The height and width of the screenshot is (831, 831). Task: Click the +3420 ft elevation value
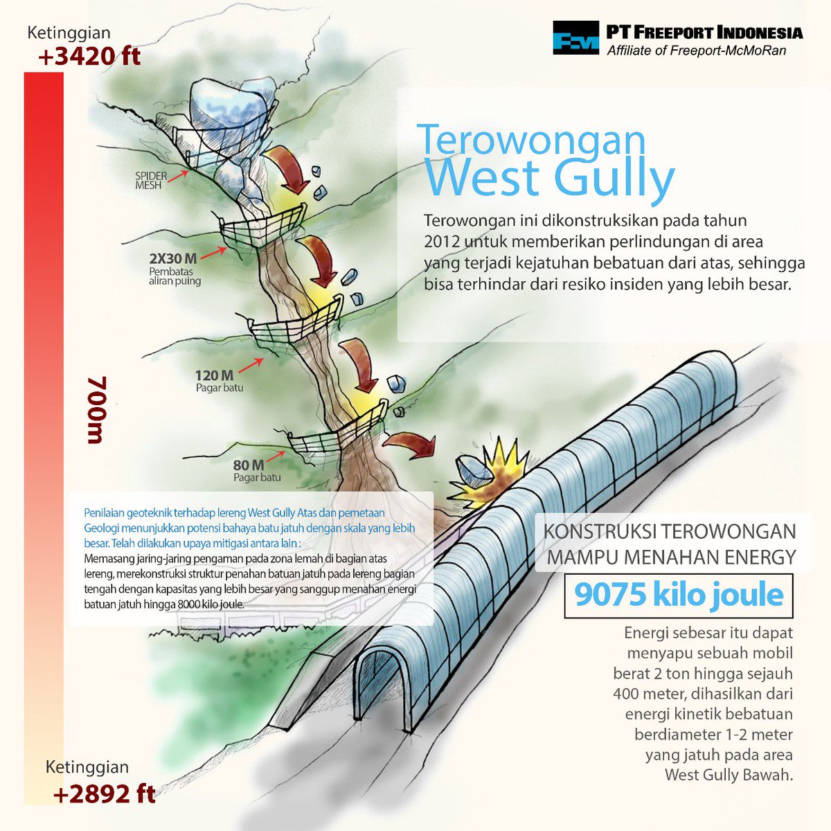tap(90, 55)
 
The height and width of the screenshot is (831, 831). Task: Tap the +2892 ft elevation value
tap(105, 794)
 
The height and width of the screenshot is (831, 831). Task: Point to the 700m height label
tap(97, 410)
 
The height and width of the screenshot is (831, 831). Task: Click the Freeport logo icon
tap(575, 37)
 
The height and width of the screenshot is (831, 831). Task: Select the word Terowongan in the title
tap(532, 140)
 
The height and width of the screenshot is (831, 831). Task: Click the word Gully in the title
tap(614, 178)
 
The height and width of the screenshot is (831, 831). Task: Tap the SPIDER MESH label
tap(151, 181)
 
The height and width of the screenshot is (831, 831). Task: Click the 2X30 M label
tap(173, 258)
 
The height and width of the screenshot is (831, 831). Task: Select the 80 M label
tap(249, 465)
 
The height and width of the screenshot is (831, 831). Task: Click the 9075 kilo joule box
tap(679, 596)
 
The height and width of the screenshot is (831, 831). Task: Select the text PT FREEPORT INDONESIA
tap(704, 33)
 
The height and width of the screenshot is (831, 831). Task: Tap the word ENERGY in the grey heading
tap(756, 556)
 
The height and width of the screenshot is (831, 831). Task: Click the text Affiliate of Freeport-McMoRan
tap(696, 51)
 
